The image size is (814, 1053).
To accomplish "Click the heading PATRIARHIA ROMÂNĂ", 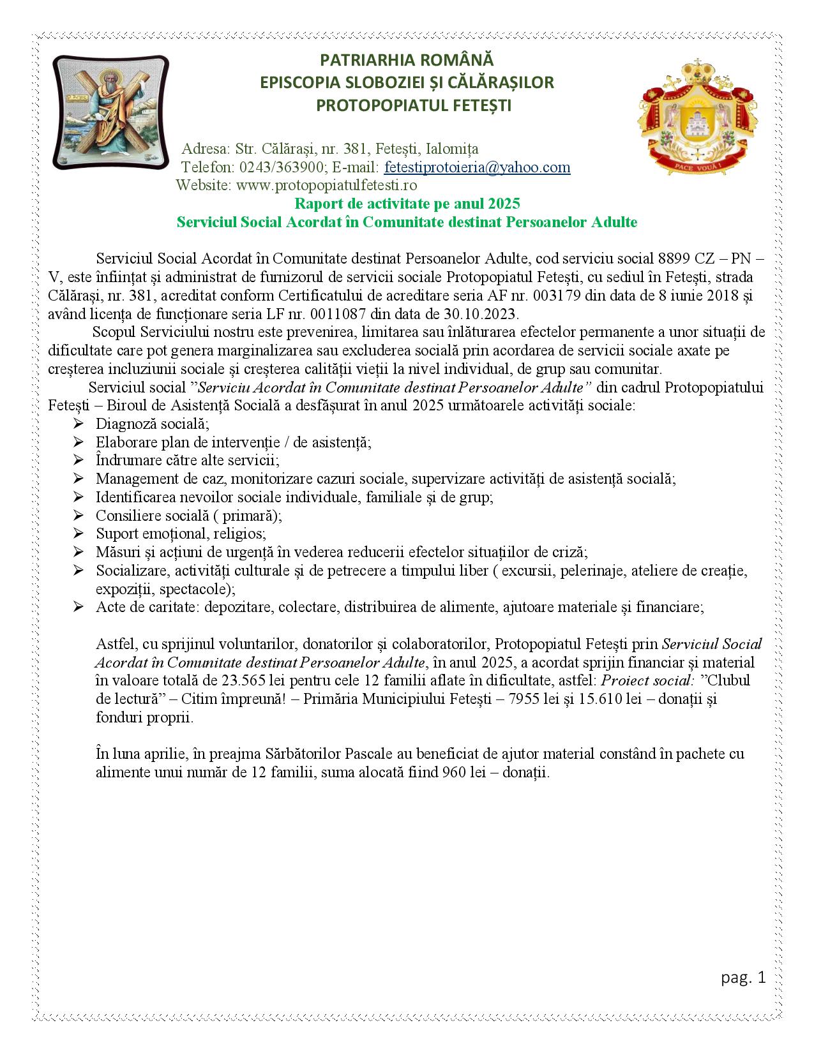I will pos(407,61).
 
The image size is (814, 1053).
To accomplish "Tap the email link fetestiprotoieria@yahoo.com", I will pos(477,167).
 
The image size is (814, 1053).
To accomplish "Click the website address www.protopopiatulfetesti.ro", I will pos(326,185).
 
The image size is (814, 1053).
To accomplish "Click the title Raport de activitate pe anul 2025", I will pos(407,204).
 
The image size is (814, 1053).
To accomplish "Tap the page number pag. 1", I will pos(743,978).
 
